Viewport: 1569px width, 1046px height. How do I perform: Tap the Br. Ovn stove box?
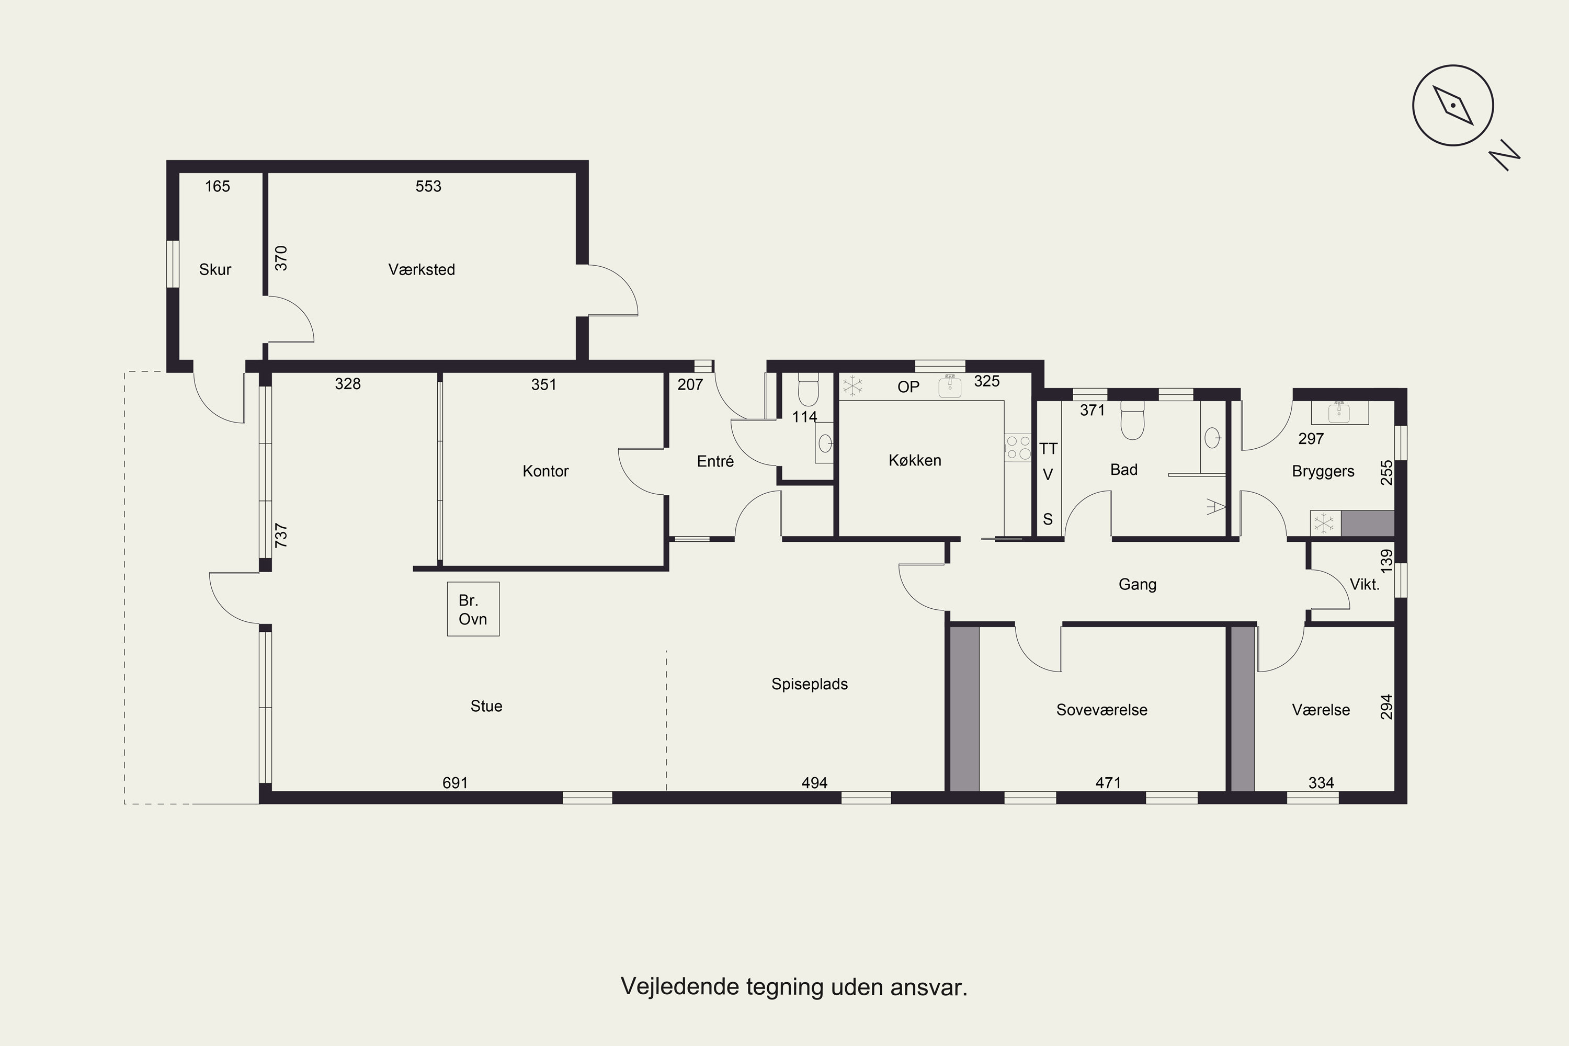[x=473, y=609]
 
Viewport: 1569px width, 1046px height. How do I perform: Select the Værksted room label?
[x=422, y=269]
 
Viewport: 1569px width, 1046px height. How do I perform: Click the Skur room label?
[x=215, y=269]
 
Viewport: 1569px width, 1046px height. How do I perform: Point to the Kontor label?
[x=545, y=471]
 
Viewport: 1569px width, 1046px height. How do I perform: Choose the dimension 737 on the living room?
[x=281, y=536]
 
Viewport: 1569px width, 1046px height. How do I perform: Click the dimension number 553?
[x=428, y=186]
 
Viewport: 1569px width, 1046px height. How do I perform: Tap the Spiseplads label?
[x=809, y=684]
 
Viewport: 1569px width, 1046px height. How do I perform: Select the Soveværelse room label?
[x=1101, y=710]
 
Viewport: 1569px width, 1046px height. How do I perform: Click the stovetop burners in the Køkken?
[x=1018, y=448]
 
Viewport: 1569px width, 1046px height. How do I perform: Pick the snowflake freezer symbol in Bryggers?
[x=1325, y=524]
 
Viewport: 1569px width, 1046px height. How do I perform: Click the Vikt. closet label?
[x=1364, y=584]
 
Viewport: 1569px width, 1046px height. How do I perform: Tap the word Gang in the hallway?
[x=1138, y=584]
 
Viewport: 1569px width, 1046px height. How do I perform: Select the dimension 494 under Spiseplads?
[x=814, y=783]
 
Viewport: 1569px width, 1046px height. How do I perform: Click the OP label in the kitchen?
[x=908, y=387]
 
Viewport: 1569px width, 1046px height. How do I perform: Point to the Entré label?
[x=715, y=461]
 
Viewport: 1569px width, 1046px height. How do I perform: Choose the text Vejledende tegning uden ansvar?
[x=794, y=986]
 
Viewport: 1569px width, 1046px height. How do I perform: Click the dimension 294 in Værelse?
[x=1386, y=707]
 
